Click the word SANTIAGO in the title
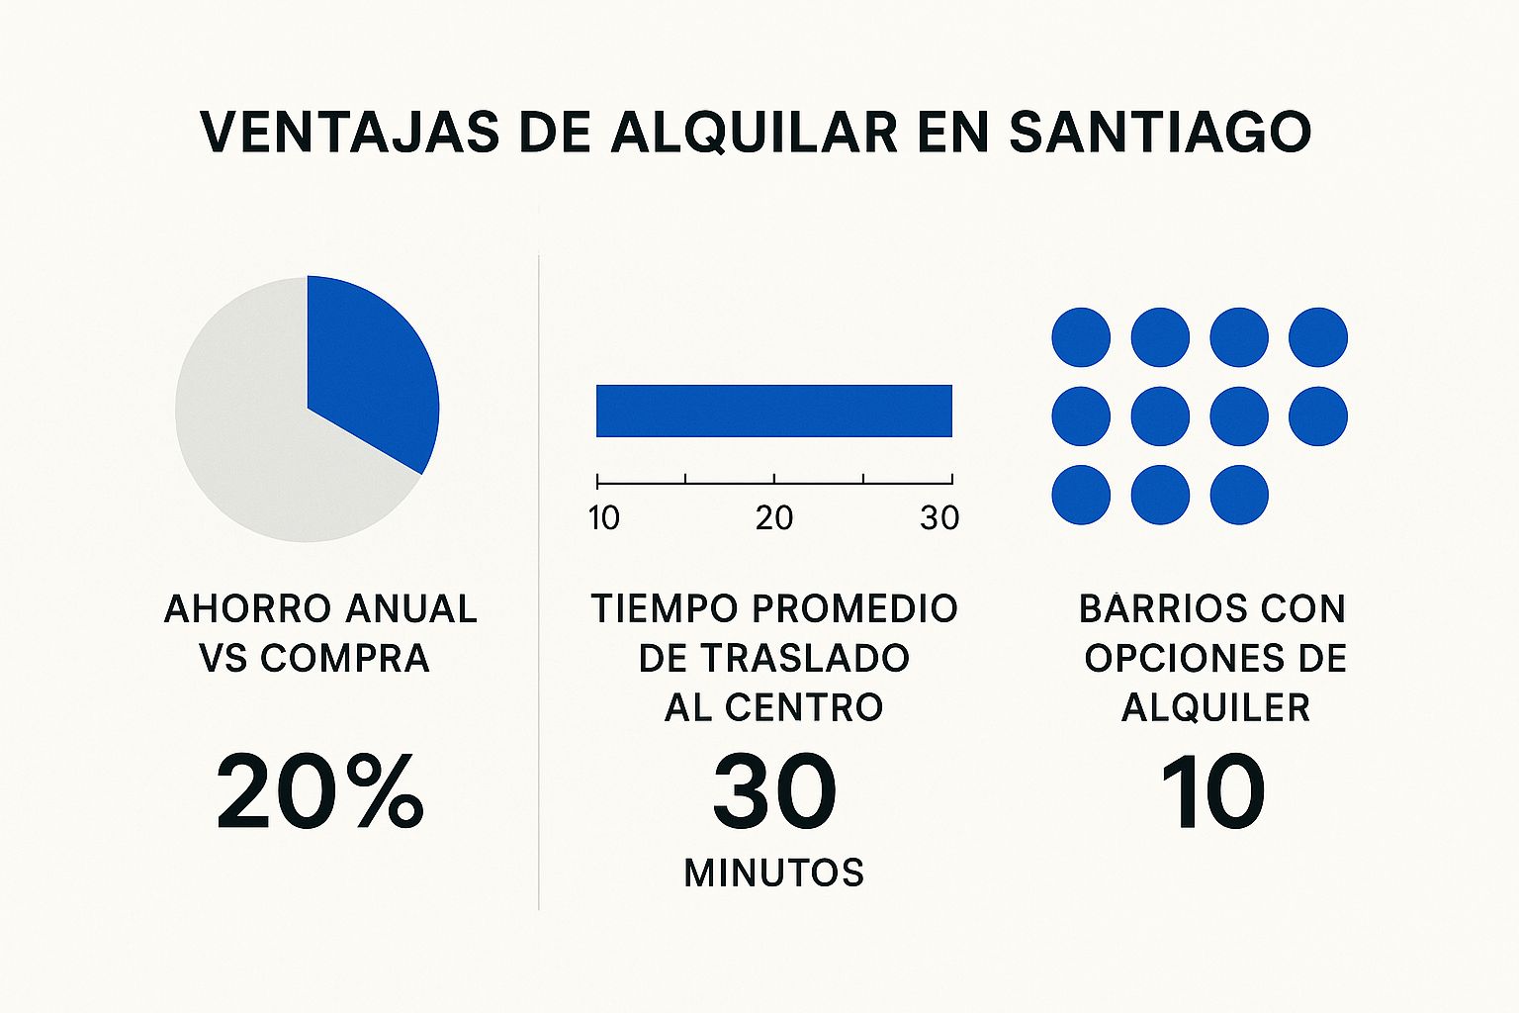[1159, 131]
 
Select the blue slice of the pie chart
[371, 376]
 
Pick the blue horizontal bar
[773, 411]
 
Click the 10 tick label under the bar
[603, 517]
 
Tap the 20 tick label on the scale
[773, 517]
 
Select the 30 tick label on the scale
[939, 517]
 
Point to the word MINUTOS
[774, 873]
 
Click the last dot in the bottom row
[1239, 495]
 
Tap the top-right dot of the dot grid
[1318, 337]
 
